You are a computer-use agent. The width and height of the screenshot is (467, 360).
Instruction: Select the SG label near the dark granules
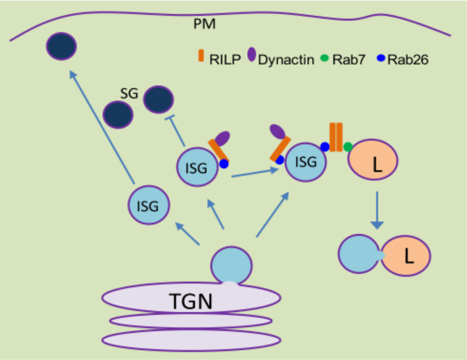(130, 94)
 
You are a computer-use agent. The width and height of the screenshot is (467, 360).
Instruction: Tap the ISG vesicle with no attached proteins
(149, 205)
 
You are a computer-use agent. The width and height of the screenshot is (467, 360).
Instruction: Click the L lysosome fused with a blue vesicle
(409, 256)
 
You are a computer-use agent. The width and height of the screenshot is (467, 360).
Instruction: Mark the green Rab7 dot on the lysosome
(348, 147)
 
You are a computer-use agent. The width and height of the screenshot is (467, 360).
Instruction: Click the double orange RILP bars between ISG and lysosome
(335, 137)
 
